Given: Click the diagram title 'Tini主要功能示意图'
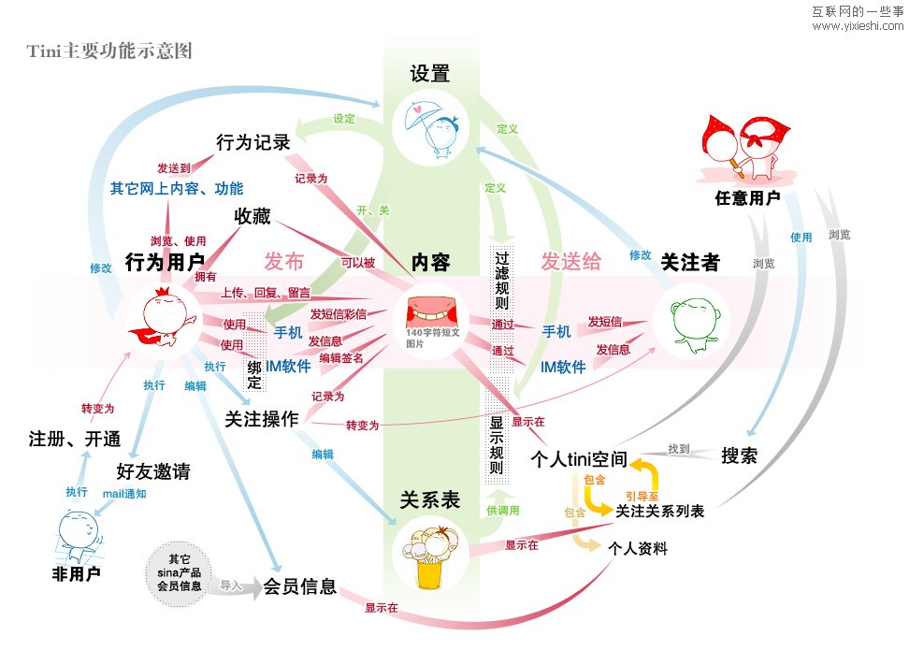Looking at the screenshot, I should (x=111, y=51).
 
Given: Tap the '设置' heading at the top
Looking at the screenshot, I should (x=430, y=74).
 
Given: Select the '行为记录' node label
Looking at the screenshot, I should (x=252, y=142).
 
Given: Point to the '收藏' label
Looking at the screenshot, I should (x=252, y=217).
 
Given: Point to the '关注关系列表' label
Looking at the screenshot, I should (x=659, y=511).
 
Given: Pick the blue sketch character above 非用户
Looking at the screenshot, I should (x=75, y=534).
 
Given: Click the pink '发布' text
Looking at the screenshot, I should (x=283, y=261).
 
